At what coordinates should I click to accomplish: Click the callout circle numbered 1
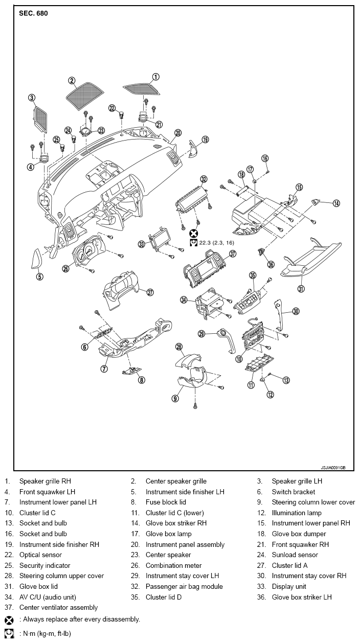[155, 77]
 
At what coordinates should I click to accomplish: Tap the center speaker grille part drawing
[85, 96]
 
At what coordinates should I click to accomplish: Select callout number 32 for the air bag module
[204, 179]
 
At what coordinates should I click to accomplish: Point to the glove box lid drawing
[311, 257]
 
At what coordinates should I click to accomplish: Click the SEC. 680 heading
[33, 13]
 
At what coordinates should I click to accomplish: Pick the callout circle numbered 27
[150, 292]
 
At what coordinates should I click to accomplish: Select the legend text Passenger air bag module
[184, 586]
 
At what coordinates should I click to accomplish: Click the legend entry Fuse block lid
[166, 502]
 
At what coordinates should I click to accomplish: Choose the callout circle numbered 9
[175, 398]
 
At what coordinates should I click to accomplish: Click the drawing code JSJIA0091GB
[333, 468]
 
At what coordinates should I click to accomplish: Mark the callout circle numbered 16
[265, 158]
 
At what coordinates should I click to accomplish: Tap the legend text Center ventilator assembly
[59, 607]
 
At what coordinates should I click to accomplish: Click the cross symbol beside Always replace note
[9, 620]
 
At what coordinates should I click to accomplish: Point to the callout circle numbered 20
[178, 133]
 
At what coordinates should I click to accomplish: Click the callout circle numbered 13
[286, 380]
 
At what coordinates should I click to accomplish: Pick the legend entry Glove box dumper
[299, 534]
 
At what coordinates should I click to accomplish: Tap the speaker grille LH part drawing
[40, 120]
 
